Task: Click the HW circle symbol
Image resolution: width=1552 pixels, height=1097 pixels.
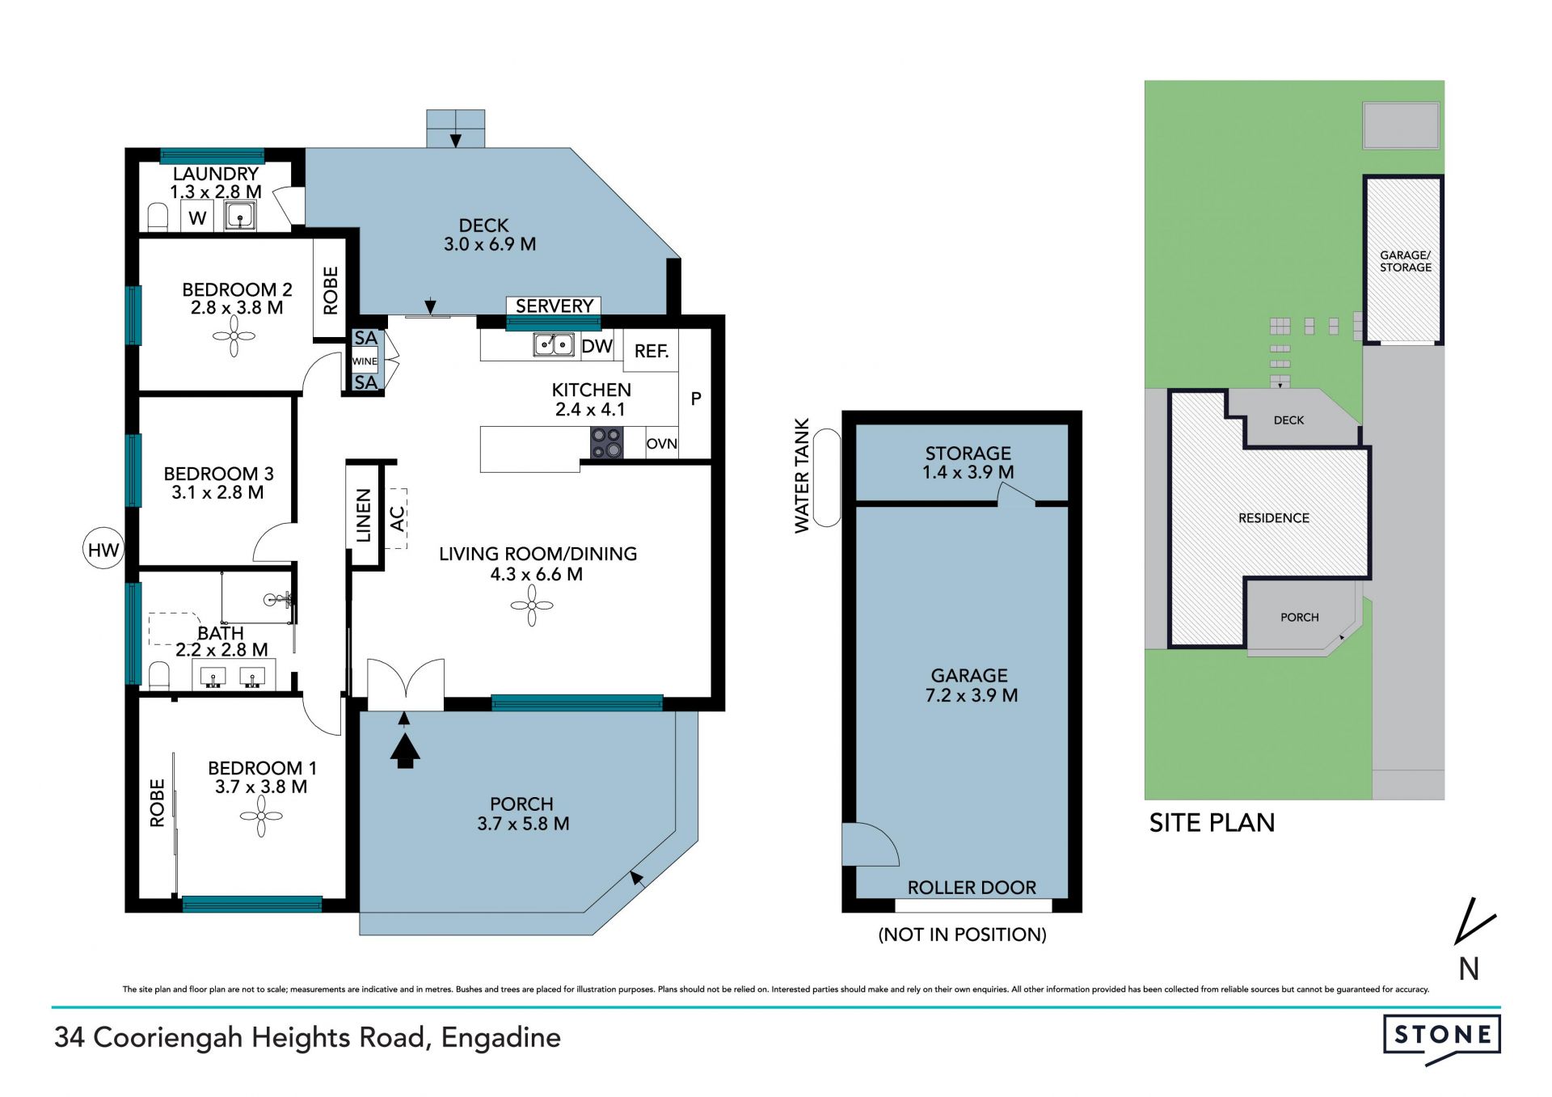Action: click(x=103, y=551)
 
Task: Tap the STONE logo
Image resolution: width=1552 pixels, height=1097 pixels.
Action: click(x=1441, y=1038)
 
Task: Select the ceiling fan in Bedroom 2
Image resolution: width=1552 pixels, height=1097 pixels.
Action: click(x=234, y=335)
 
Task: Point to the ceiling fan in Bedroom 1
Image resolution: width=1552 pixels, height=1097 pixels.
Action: click(x=261, y=816)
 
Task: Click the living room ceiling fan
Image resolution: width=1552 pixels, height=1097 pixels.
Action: click(x=532, y=605)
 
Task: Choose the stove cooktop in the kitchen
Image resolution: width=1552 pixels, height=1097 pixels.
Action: click(x=606, y=443)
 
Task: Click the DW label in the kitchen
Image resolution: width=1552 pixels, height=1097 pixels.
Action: click(x=597, y=347)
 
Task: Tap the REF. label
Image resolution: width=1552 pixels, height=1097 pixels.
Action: click(x=652, y=352)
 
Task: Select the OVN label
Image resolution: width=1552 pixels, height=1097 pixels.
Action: click(x=662, y=444)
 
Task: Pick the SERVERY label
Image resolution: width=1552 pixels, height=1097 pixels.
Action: click(x=555, y=306)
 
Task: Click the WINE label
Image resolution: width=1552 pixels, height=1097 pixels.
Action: click(x=365, y=361)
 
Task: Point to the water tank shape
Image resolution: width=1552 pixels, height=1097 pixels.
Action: click(x=826, y=478)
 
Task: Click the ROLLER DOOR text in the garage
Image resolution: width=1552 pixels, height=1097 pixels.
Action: click(x=972, y=888)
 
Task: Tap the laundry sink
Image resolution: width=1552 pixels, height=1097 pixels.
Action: click(x=240, y=216)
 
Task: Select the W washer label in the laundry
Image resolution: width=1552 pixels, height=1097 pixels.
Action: click(x=198, y=218)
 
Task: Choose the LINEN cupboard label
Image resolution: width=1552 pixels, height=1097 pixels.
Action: click(x=364, y=515)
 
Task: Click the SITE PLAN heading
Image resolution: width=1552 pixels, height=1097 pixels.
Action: click(x=1212, y=823)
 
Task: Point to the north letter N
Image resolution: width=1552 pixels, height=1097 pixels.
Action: click(x=1469, y=968)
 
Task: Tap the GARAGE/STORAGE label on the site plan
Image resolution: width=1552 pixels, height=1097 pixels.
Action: click(x=1405, y=261)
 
